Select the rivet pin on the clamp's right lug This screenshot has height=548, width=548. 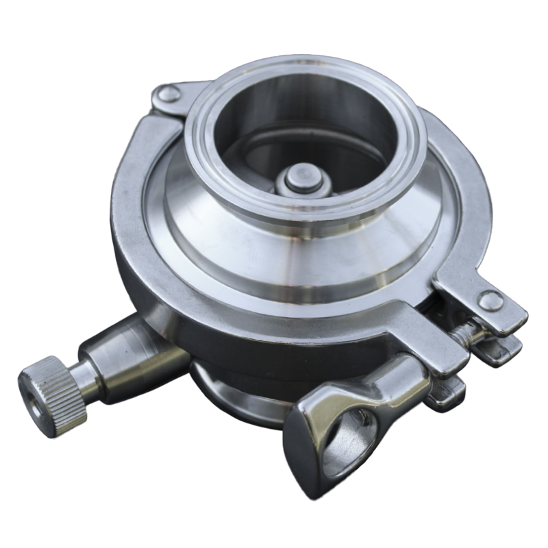(488, 299)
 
